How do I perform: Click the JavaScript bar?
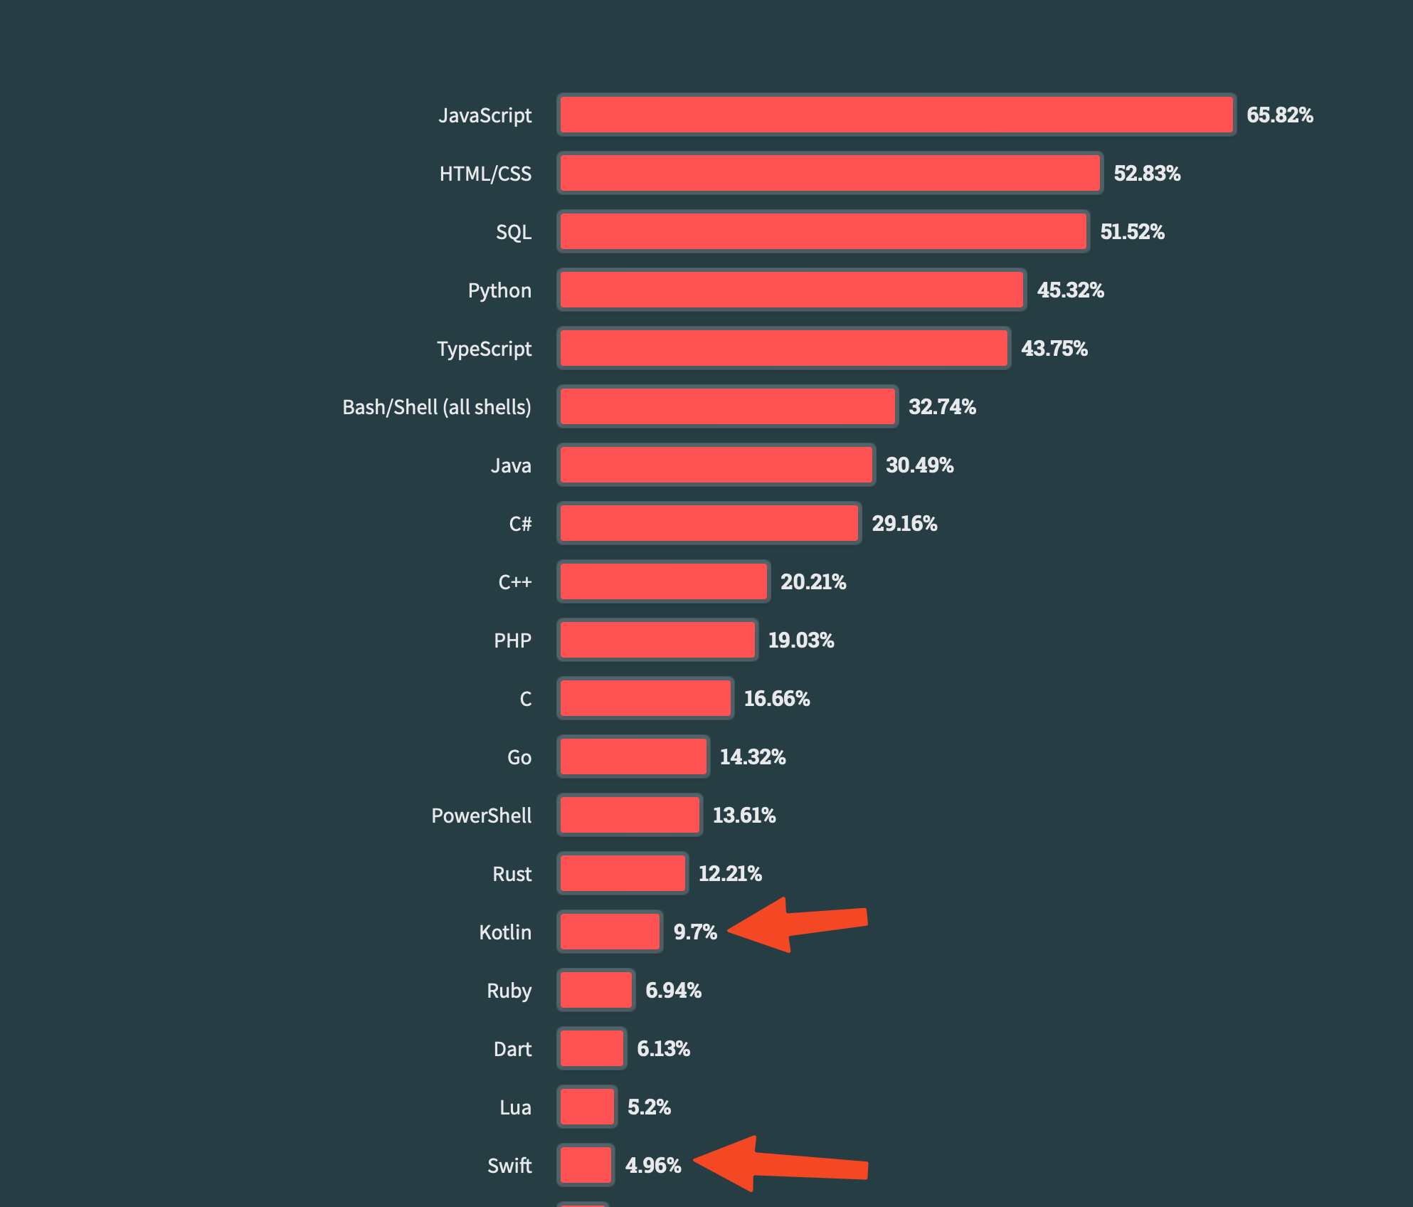pyautogui.click(x=896, y=115)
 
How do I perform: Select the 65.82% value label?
pyautogui.click(x=1279, y=115)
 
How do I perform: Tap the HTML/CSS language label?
pyautogui.click(x=485, y=174)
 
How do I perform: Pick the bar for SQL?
pyautogui.click(x=823, y=231)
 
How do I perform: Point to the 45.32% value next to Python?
pyautogui.click(x=1070, y=290)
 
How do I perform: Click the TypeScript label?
pyautogui.click(x=484, y=349)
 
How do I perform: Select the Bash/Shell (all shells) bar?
pyautogui.click(x=727, y=406)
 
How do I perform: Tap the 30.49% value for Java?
pyautogui.click(x=919, y=465)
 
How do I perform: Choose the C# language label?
pyautogui.click(x=520, y=524)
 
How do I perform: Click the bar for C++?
pyautogui.click(x=664, y=581)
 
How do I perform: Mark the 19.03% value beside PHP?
pyautogui.click(x=800, y=641)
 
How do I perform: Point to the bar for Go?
pyautogui.click(x=633, y=757)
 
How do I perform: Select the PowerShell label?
pyautogui.click(x=481, y=816)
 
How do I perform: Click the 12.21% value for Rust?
pyautogui.click(x=730, y=874)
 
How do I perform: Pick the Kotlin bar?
pyautogui.click(x=610, y=932)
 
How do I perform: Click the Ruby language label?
pyautogui.click(x=509, y=991)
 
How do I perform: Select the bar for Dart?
pyautogui.click(x=591, y=1048)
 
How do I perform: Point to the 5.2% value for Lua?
pyautogui.click(x=649, y=1107)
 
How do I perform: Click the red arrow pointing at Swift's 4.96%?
pyautogui.click(x=779, y=1164)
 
